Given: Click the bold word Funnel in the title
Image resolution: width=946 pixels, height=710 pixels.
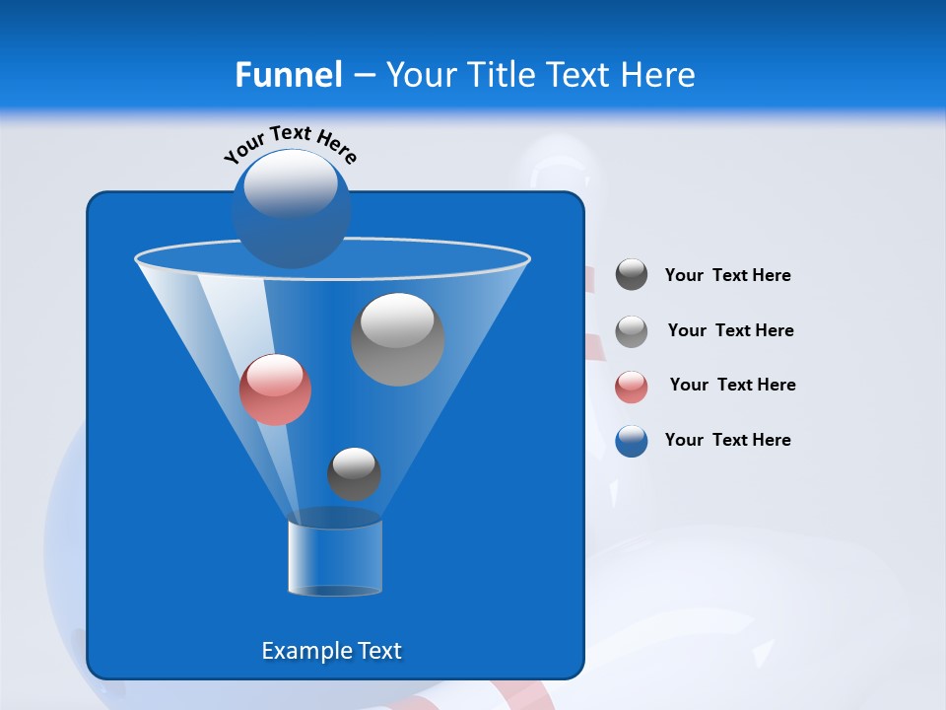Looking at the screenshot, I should click(x=289, y=75).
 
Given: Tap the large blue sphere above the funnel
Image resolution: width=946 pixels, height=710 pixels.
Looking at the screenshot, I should click(x=291, y=208).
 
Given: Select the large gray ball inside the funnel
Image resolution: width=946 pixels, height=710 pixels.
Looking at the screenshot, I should click(x=398, y=339).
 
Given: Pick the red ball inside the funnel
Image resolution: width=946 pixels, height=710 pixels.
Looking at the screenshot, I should click(x=275, y=390).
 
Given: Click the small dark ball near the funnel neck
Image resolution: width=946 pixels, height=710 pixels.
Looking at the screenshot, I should click(x=354, y=474).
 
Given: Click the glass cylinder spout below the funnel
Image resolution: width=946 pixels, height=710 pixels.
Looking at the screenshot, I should click(x=335, y=557).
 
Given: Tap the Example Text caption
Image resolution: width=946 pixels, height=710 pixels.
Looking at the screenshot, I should click(x=331, y=651).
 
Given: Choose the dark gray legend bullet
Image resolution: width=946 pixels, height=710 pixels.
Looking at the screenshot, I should click(x=632, y=275).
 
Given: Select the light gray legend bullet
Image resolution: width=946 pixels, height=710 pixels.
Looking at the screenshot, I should click(x=632, y=330).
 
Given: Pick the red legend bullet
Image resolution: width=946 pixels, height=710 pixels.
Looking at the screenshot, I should click(x=632, y=386).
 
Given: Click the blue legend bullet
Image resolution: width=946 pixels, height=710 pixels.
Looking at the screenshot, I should click(x=632, y=441).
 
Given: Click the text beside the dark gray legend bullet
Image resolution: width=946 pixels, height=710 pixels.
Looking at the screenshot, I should click(x=727, y=275).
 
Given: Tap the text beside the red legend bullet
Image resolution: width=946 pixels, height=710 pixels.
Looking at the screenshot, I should click(x=732, y=385).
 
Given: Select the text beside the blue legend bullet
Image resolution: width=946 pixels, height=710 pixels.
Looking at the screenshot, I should click(x=727, y=440).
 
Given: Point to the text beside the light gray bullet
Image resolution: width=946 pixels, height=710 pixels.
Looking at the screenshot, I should click(x=730, y=330).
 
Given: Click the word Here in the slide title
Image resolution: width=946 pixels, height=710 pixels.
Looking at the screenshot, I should click(x=659, y=75).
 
